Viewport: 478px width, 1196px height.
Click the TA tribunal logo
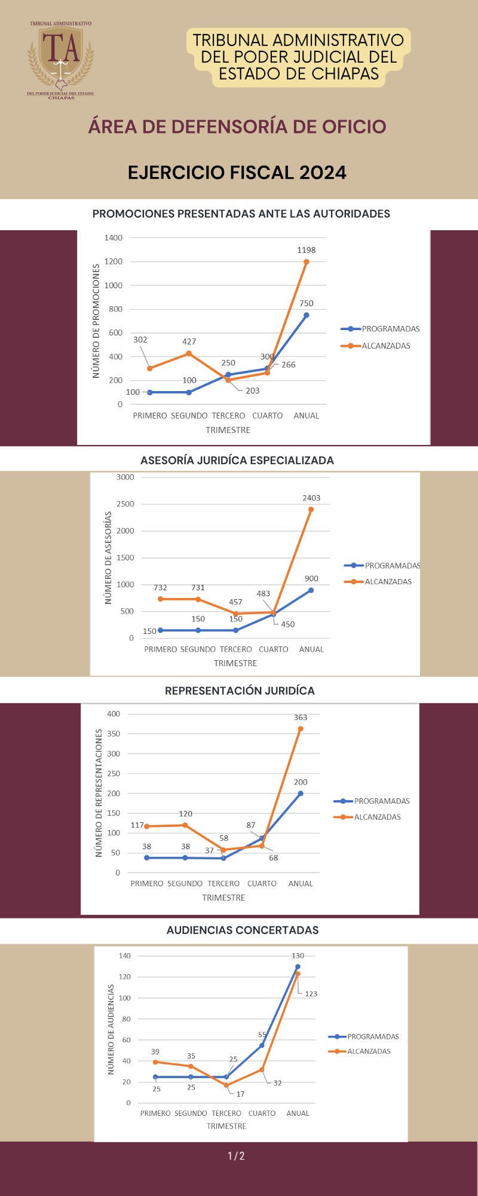(x=60, y=59)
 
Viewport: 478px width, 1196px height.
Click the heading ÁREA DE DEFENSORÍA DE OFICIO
(x=237, y=127)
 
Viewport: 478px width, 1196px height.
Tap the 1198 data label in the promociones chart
(x=307, y=250)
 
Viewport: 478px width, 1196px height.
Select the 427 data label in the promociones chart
(x=189, y=341)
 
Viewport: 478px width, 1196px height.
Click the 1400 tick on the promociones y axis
(x=114, y=238)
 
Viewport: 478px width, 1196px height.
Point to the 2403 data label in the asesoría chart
(x=311, y=498)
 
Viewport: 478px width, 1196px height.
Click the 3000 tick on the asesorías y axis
(x=125, y=477)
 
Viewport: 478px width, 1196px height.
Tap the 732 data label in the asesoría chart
(x=160, y=588)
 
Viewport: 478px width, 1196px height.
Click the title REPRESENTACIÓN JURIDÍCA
(x=240, y=691)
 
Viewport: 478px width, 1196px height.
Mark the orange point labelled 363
(x=301, y=729)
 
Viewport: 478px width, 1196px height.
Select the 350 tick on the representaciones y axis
(x=114, y=734)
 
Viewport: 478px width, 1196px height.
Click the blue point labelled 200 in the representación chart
(x=301, y=794)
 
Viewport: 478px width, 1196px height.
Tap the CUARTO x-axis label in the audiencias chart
(x=262, y=1113)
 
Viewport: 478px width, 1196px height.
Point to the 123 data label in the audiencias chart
(x=311, y=994)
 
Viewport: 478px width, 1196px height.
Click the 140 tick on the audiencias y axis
(x=124, y=956)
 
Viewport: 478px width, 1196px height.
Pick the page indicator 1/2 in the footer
(x=237, y=1157)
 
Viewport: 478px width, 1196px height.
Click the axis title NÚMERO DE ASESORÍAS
(x=109, y=557)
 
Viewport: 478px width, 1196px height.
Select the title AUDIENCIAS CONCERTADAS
(x=243, y=930)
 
